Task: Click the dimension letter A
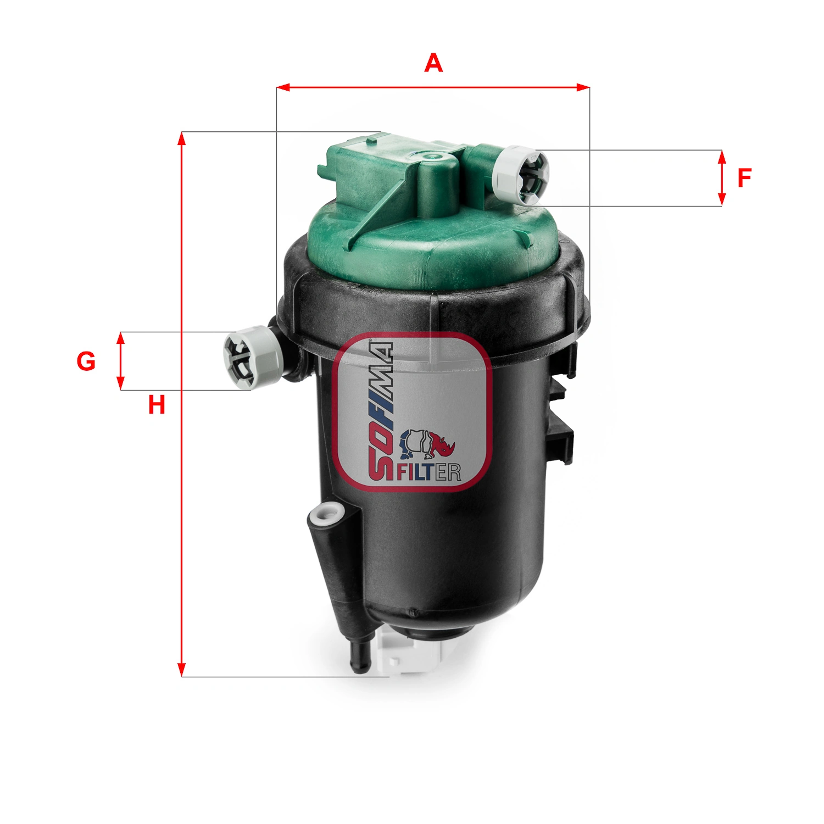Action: pyautogui.click(x=433, y=63)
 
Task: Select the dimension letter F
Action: pyautogui.click(x=744, y=178)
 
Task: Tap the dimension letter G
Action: pyautogui.click(x=86, y=361)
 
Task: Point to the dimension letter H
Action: pyautogui.click(x=157, y=405)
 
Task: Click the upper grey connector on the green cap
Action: pyautogui.click(x=521, y=175)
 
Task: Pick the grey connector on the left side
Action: pyautogui.click(x=252, y=358)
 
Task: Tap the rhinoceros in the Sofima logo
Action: pyautogui.click(x=427, y=444)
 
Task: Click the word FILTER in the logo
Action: pyautogui.click(x=429, y=472)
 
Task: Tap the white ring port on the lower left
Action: pyautogui.click(x=326, y=515)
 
